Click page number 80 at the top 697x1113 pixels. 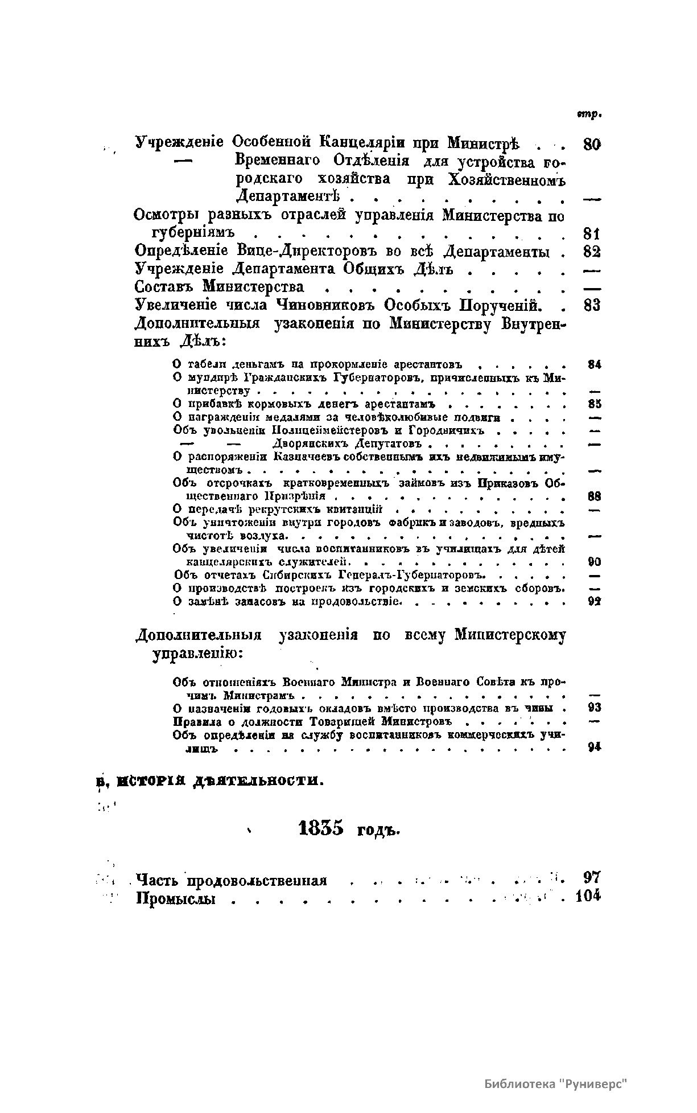coord(592,144)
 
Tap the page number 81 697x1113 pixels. coord(592,233)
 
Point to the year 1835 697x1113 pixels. coord(321,829)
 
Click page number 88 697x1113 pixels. coord(594,496)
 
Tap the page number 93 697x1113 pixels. coord(594,708)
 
